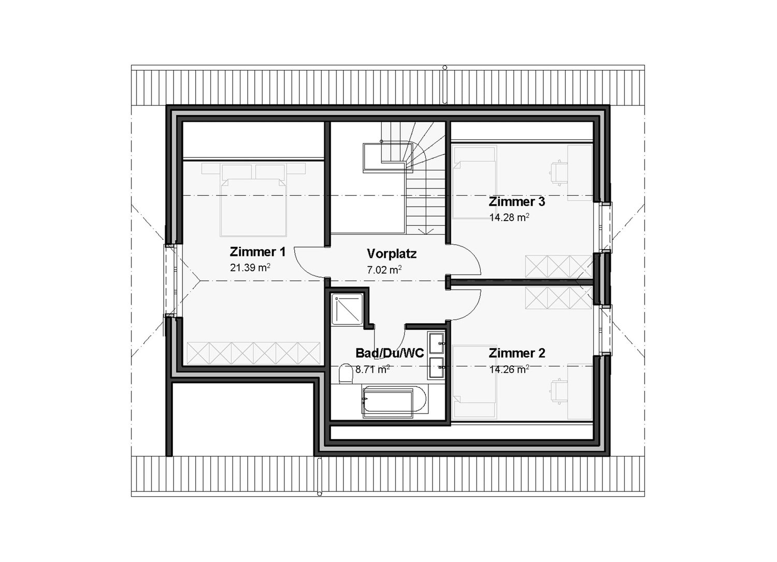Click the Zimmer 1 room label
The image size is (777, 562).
point(257,252)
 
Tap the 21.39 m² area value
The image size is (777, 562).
point(251,268)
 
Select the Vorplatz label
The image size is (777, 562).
point(392,254)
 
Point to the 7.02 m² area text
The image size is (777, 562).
point(384,270)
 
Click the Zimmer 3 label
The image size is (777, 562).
point(517,201)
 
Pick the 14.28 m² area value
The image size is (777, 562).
point(509,218)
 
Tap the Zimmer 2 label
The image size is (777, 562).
point(517,353)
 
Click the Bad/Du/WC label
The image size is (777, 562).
point(390,353)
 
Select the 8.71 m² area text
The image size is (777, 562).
point(372,369)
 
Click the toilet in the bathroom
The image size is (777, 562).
point(345,374)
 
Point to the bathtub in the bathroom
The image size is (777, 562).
point(394,401)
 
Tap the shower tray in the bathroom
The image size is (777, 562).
point(348,309)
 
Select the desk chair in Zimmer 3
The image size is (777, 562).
point(558,172)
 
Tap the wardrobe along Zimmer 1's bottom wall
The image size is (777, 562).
point(253,354)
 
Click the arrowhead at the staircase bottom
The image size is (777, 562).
point(426,231)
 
